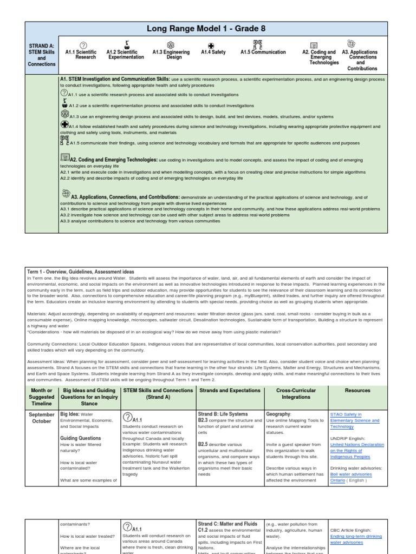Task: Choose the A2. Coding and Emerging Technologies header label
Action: click(319, 57)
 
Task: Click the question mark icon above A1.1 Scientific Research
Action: click(83, 44)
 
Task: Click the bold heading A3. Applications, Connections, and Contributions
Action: click(125, 197)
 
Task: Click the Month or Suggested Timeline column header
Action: click(42, 397)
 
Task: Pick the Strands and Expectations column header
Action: click(230, 390)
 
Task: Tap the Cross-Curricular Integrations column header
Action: click(296, 393)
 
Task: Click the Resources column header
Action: click(357, 390)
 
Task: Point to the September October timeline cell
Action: click(42, 417)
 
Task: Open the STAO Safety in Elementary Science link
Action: click(354, 420)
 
